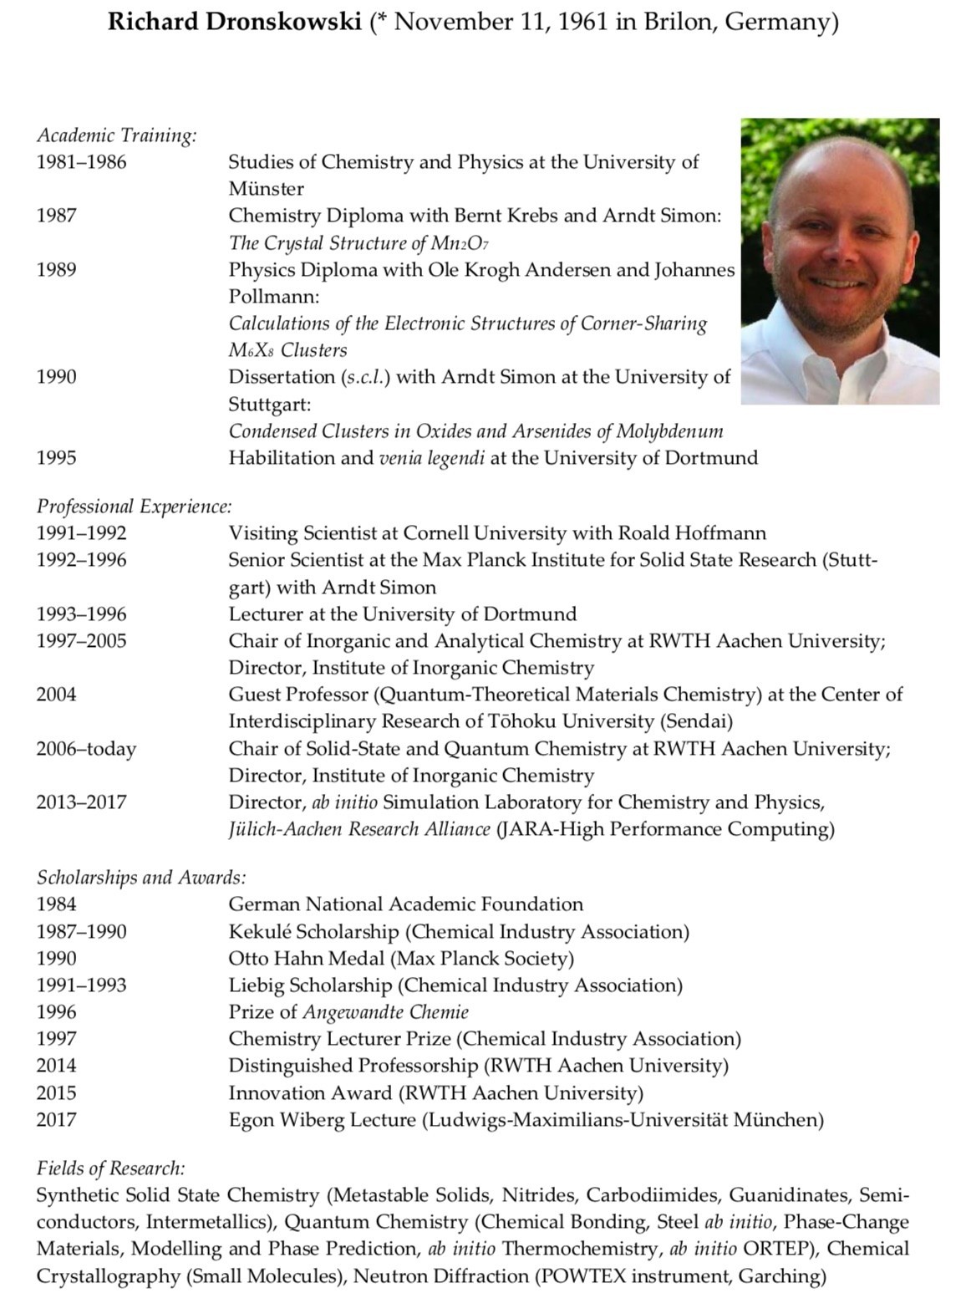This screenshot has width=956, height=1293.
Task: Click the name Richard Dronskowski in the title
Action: (237, 22)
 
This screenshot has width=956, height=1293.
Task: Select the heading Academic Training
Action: (116, 135)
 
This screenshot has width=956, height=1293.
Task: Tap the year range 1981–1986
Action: (81, 162)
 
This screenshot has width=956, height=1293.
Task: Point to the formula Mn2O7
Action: (460, 243)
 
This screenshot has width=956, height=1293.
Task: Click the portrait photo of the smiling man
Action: (840, 261)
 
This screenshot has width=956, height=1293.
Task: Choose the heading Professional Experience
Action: (134, 507)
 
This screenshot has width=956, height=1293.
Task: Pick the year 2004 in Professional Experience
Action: (56, 695)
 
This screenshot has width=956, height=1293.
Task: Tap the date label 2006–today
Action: (86, 749)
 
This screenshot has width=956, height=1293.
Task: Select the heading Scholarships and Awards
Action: (141, 878)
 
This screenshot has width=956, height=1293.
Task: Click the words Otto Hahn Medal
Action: (306, 959)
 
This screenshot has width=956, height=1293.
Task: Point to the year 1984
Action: (56, 904)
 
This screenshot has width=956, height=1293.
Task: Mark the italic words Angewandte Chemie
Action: (385, 1012)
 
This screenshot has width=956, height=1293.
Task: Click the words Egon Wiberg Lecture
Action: (322, 1120)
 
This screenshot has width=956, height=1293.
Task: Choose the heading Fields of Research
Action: (110, 1168)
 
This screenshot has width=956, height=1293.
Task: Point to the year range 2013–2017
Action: (81, 802)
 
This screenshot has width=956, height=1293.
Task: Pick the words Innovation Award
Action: (310, 1093)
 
